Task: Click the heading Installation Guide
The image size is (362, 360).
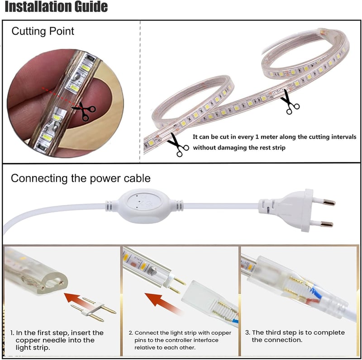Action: pyautogui.click(x=56, y=6)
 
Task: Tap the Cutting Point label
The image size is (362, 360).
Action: pyautogui.click(x=43, y=31)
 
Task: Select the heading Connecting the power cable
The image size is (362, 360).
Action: pyautogui.click(x=81, y=178)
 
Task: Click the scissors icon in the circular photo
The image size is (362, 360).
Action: pyautogui.click(x=84, y=111)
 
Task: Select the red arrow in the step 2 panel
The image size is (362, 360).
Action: pyautogui.click(x=164, y=303)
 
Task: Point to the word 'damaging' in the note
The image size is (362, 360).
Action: pyautogui.click(x=231, y=148)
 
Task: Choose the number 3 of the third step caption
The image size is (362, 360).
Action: pyautogui.click(x=248, y=332)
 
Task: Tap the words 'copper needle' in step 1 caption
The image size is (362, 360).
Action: pyautogui.click(x=55, y=341)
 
